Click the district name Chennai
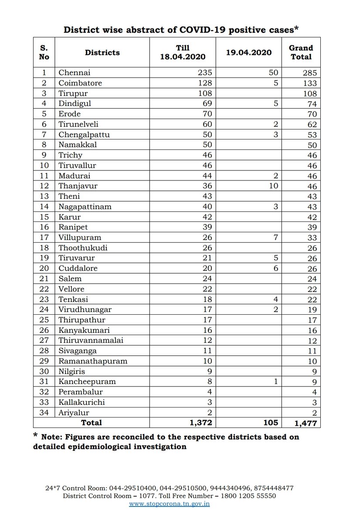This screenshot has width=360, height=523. [75, 72]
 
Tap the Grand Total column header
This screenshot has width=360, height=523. [301, 52]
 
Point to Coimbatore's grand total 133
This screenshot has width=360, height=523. [309, 83]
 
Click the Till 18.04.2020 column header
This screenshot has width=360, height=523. [183, 52]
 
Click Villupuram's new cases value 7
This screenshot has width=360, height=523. [275, 238]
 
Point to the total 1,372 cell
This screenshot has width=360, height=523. [198, 422]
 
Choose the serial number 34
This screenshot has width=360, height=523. [44, 412]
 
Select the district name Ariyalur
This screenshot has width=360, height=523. [74, 412]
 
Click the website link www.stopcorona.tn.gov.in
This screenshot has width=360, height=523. [170, 504]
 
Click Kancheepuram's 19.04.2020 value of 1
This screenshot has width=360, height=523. [275, 381]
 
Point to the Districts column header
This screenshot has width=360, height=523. [102, 52]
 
